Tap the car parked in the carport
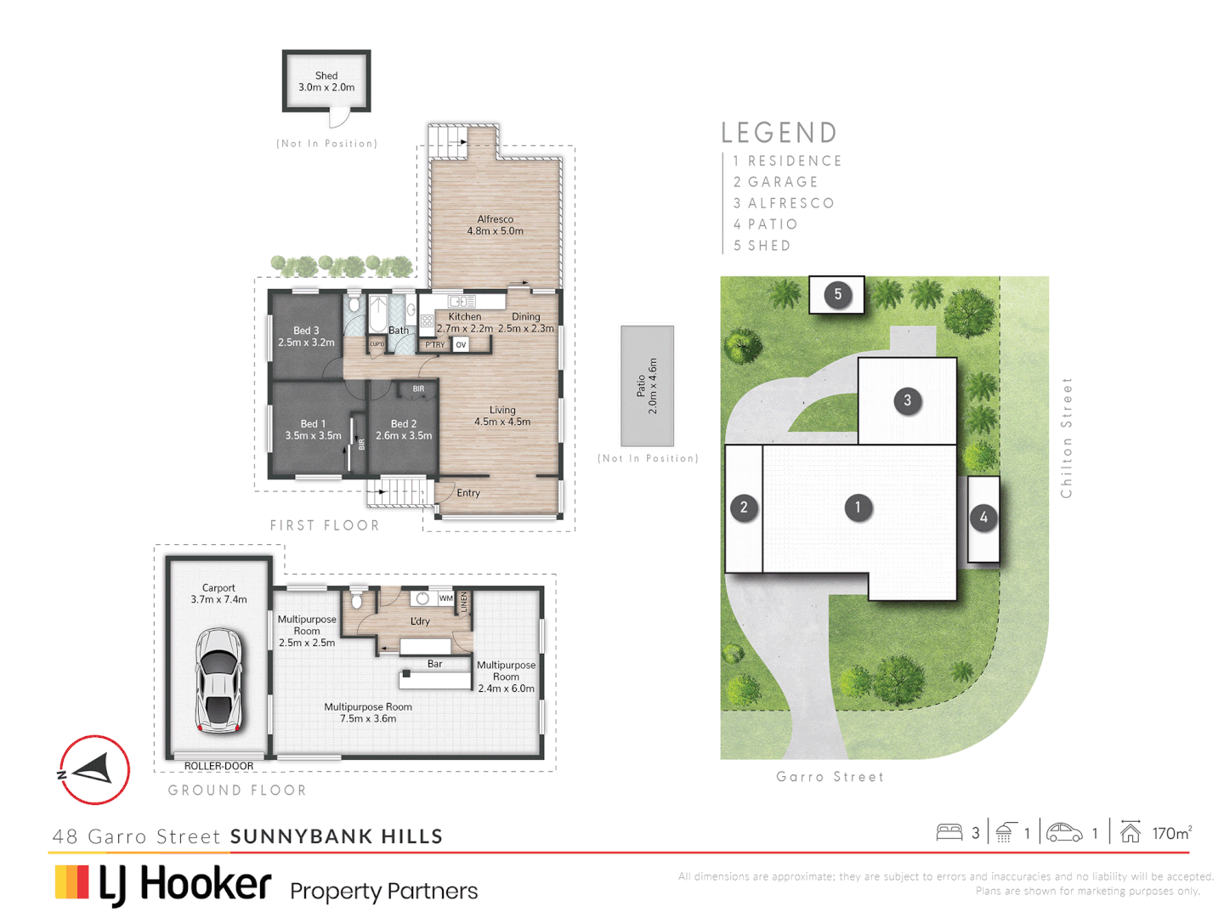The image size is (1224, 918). tap(218, 680)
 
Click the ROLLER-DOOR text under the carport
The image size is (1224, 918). tap(218, 766)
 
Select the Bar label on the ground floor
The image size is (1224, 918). tap(435, 664)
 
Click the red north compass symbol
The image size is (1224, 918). tap(94, 770)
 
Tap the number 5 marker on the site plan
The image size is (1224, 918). tap(837, 295)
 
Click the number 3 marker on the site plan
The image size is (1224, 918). tap(907, 400)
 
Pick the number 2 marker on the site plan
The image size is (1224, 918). tap(744, 507)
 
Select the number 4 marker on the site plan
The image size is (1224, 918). tap(983, 517)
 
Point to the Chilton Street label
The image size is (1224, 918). tap(1067, 438)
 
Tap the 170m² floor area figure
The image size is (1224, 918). tap(1171, 833)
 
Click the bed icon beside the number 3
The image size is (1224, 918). tap(949, 832)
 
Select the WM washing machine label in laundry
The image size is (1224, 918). tap(445, 598)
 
